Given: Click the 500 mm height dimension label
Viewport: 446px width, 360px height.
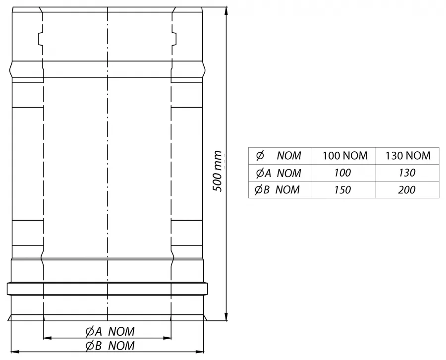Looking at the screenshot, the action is coord(218,171).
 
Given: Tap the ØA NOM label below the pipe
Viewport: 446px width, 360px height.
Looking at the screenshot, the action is coord(110,332).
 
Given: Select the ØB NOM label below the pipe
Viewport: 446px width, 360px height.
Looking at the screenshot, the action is coord(110,346).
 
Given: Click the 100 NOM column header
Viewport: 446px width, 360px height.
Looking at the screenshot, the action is coord(345,156).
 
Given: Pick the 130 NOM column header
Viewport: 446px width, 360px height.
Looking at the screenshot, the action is coord(408,156).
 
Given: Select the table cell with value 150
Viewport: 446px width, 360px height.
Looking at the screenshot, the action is coord(342,190).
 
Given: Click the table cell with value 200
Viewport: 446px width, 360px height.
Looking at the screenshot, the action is coord(407,190).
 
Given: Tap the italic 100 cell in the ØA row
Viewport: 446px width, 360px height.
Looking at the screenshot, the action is coord(342,173).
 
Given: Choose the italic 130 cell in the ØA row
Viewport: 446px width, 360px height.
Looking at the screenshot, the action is coord(407,173).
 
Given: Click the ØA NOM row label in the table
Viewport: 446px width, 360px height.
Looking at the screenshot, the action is coord(278,173).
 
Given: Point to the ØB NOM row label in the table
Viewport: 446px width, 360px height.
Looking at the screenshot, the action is coord(277,189).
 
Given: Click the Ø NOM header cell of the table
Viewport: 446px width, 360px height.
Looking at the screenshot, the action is coord(278,156).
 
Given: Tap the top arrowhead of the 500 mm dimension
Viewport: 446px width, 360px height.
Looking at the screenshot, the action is coord(226,10).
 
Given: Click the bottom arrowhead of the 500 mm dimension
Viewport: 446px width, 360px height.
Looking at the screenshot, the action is coord(226,317).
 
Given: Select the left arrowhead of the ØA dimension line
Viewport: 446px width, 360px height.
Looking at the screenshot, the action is coord(47,338).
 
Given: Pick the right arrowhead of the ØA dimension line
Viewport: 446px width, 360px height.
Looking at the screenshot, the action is coord(167,338).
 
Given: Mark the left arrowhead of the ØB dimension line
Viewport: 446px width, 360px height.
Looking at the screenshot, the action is coord(15,352).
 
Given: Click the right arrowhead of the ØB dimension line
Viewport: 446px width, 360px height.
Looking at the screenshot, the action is coord(200,352).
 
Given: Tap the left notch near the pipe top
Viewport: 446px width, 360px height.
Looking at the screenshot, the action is coord(41,39).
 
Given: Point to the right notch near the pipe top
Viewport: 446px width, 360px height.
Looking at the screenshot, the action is coord(174,39).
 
